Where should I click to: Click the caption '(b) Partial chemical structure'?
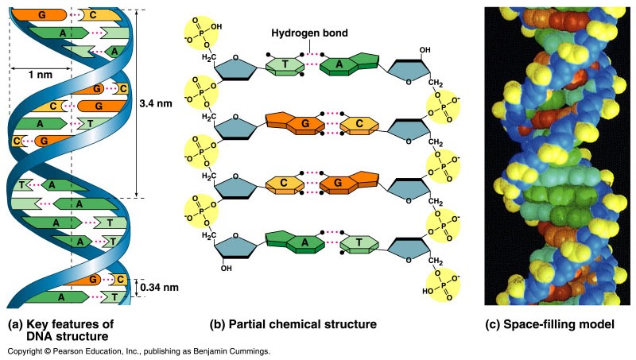(293, 325)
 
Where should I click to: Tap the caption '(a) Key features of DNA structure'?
(60, 331)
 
